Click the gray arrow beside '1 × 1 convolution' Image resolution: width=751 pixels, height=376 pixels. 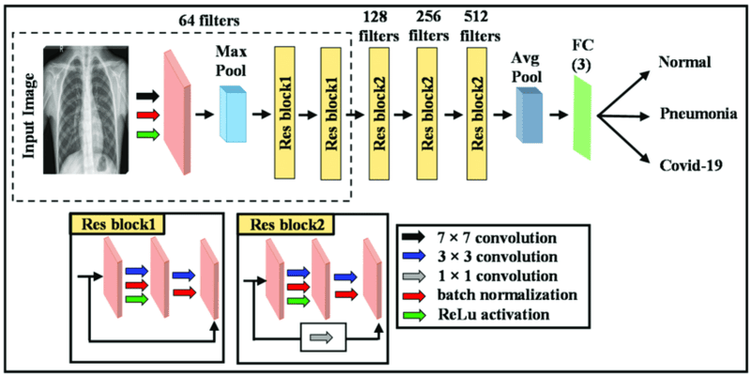click(416, 278)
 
